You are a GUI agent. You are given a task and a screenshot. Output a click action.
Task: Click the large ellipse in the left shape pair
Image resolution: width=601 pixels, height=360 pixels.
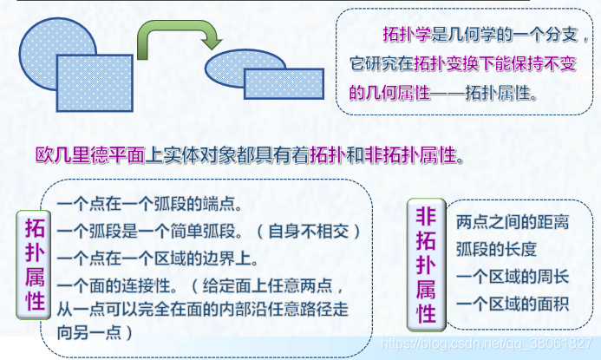(43, 39)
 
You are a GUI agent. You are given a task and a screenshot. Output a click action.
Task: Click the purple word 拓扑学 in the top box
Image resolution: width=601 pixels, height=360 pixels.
(406, 35)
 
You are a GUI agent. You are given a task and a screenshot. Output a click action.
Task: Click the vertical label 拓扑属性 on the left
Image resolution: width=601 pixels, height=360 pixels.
(36, 265)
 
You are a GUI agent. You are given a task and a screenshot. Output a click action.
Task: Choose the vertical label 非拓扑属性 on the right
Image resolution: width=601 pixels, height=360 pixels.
(426, 264)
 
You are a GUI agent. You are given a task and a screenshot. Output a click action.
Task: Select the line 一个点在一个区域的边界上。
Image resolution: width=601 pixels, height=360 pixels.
(157, 258)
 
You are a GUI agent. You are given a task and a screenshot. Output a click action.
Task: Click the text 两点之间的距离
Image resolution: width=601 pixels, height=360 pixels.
(512, 223)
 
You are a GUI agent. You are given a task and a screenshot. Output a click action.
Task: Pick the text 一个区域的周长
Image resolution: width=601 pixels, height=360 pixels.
(512, 277)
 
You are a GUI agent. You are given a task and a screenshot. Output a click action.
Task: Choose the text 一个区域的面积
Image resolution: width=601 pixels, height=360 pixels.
(512, 304)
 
